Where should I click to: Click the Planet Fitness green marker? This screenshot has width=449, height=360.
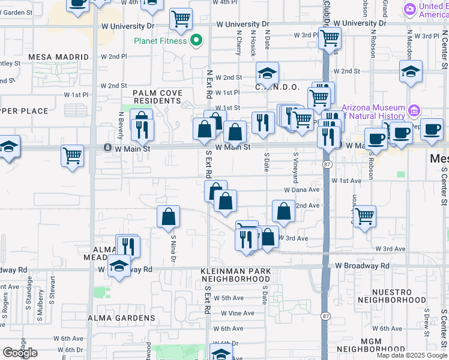(x=196, y=41)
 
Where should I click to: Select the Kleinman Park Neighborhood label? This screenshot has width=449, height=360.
(x=235, y=275)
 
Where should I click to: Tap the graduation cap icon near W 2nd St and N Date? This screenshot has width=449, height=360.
(x=267, y=73)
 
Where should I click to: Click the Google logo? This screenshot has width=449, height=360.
(x=20, y=353)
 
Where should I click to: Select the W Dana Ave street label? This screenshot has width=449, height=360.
(x=302, y=190)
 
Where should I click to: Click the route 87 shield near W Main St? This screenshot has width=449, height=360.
(x=326, y=163)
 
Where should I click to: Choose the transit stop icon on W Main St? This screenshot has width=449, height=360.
(x=107, y=147)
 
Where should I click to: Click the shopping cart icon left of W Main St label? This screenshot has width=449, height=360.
(x=72, y=156)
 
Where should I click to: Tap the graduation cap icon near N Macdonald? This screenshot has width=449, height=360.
(x=411, y=73)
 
